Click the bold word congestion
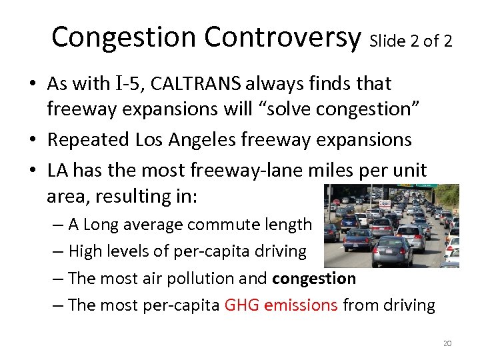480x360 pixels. pyautogui.click(x=314, y=279)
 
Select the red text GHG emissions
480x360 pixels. pyautogui.click(x=281, y=305)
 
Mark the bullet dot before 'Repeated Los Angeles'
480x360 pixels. pyautogui.click(x=33, y=141)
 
